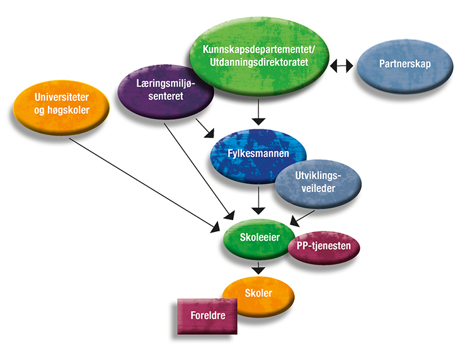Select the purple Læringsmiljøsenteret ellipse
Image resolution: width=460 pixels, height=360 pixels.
click(x=165, y=91)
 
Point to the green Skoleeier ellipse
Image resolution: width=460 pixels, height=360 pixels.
click(x=255, y=238)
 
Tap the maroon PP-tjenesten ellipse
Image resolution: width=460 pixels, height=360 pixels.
click(x=324, y=247)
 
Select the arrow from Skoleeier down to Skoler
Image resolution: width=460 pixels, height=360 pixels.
click(x=258, y=266)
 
